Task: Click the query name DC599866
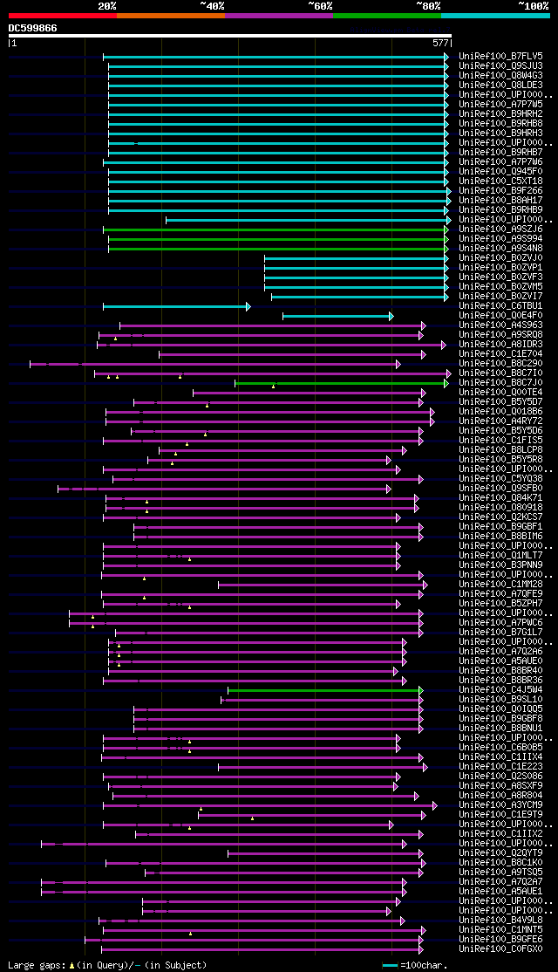tap(33, 28)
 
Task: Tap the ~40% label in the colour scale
tap(212, 5)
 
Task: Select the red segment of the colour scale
tap(62, 16)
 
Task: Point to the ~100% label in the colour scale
tap(534, 5)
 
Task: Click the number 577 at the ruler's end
tap(440, 42)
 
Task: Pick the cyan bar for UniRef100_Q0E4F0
tap(337, 316)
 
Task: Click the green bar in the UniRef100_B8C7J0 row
tap(341, 383)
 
